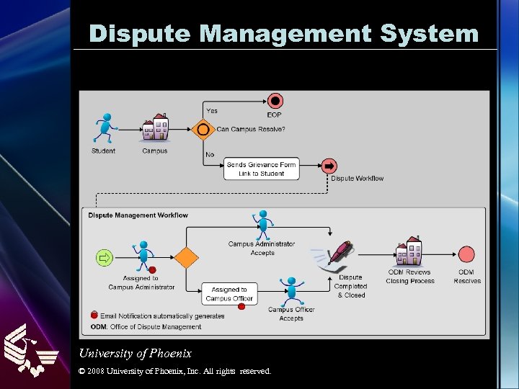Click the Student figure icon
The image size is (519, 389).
click(x=105, y=129)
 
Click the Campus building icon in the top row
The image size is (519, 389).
click(x=155, y=128)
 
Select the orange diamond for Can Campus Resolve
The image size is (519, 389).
click(x=203, y=130)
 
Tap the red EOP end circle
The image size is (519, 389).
click(x=274, y=101)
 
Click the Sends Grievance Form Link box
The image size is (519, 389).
click(x=261, y=169)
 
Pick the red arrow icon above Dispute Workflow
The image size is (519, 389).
click(x=329, y=166)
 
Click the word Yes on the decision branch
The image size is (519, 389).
click(x=212, y=111)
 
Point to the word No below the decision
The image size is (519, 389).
click(x=210, y=155)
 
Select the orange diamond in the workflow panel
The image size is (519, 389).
click(x=187, y=256)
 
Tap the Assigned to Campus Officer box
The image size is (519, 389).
click(x=229, y=294)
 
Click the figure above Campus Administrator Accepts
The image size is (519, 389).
click(x=262, y=223)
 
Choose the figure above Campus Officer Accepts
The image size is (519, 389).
click(x=291, y=290)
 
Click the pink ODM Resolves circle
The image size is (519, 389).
click(x=466, y=255)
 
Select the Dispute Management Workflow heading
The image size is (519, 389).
click(x=138, y=215)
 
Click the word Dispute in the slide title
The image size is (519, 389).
click(x=141, y=33)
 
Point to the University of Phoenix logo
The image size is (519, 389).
click(x=30, y=349)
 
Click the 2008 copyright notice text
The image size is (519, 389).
click(x=175, y=371)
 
